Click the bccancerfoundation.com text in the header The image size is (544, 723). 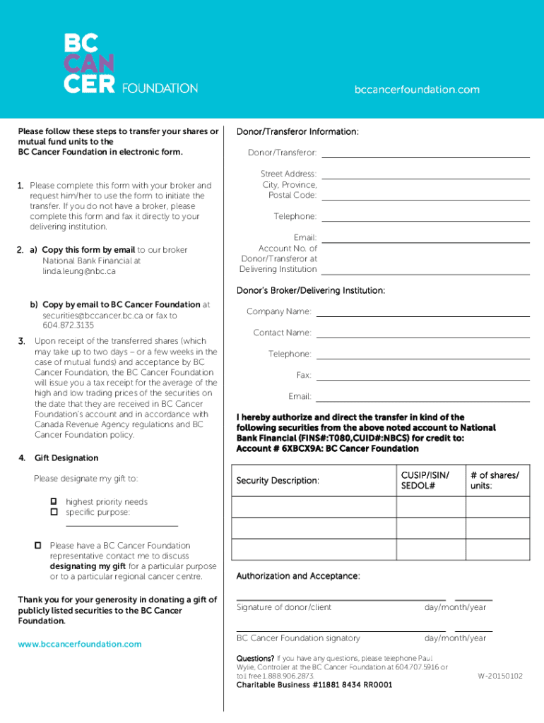click(x=416, y=90)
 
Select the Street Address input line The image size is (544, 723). click(x=426, y=177)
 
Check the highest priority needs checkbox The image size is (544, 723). click(x=53, y=501)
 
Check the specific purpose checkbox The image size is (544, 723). click(x=53, y=511)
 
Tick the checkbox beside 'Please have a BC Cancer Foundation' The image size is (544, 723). click(x=38, y=545)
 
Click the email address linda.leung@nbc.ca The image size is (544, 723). click(x=78, y=271)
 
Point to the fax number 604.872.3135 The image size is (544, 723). click(x=68, y=325)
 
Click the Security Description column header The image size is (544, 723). click(x=278, y=481)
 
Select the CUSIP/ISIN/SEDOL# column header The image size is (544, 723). click(x=425, y=481)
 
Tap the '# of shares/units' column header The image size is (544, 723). click(x=495, y=481)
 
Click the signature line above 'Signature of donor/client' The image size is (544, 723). click(x=341, y=599)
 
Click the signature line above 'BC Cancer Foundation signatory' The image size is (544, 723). click(x=341, y=631)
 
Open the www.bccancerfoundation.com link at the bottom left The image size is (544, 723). click(x=79, y=644)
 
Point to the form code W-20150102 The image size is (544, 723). click(x=500, y=676)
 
